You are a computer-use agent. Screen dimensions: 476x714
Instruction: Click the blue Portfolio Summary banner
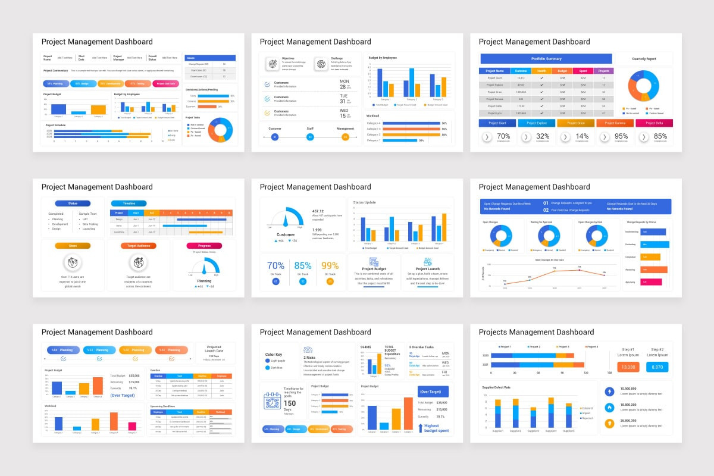pyautogui.click(x=546, y=59)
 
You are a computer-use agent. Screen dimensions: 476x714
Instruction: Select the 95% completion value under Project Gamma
pyautogui.click(x=620, y=136)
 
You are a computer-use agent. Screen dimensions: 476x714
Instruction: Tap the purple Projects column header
pyautogui.click(x=603, y=71)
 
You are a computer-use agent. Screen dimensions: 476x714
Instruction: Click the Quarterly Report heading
pyautogui.click(x=644, y=59)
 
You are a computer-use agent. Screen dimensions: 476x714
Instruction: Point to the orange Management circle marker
pyautogui.click(x=345, y=137)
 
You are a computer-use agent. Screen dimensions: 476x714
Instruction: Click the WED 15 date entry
pyautogui.click(x=344, y=112)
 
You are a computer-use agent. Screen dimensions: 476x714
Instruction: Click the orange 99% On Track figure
pyautogui.click(x=329, y=265)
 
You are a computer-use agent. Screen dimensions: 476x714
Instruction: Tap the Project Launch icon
pyautogui.click(x=427, y=262)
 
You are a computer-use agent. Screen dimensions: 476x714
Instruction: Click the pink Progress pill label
pyautogui.click(x=204, y=246)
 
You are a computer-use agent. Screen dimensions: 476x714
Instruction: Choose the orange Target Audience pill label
pyautogui.click(x=139, y=246)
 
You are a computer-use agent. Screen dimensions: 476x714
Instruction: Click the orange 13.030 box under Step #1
pyautogui.click(x=628, y=367)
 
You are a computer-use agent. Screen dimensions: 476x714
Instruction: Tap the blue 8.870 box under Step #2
pyautogui.click(x=657, y=367)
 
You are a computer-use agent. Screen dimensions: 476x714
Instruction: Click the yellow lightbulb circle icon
pyautogui.click(x=609, y=424)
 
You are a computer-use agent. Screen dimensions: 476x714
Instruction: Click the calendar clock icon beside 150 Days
pyautogui.click(x=272, y=401)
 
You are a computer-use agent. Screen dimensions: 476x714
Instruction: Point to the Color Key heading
pyautogui.click(x=277, y=355)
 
